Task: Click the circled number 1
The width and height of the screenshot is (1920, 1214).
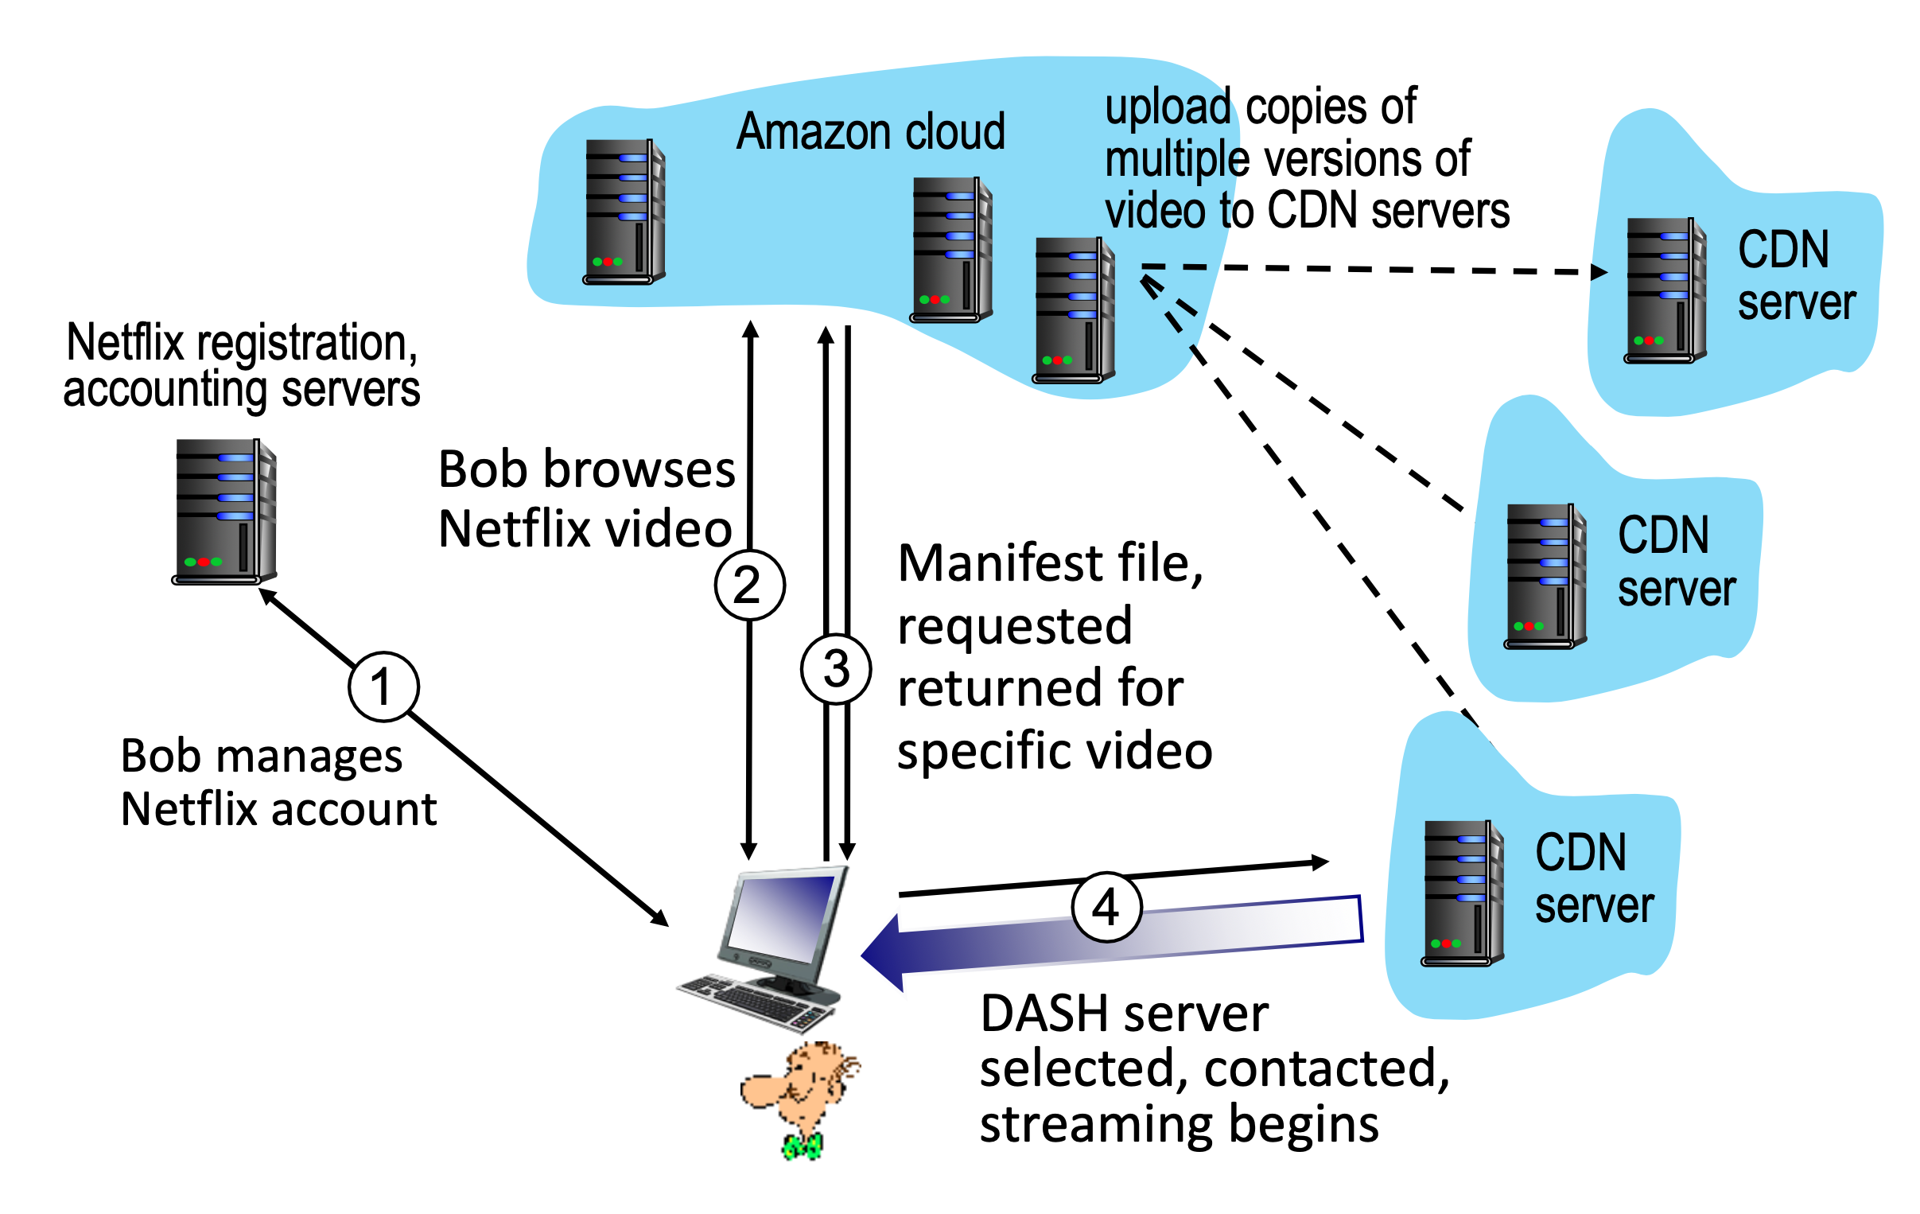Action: pos(383,687)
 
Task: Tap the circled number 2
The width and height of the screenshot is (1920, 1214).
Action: pos(749,585)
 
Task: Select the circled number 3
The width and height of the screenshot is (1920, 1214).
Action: pos(836,668)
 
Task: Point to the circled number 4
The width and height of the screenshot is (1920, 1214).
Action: pos(1106,907)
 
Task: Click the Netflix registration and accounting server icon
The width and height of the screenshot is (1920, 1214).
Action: pos(225,512)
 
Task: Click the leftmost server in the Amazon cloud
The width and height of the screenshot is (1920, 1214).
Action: pos(624,212)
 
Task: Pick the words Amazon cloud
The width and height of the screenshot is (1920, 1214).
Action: pos(870,131)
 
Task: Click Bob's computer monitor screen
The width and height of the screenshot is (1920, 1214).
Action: pos(781,918)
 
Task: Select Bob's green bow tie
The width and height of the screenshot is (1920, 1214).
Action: pos(803,1147)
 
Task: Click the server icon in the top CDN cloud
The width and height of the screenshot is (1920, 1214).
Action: pos(1665,290)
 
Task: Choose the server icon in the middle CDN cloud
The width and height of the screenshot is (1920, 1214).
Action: pos(1545,577)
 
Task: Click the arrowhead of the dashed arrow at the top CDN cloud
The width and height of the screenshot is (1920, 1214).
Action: pos(1599,272)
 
